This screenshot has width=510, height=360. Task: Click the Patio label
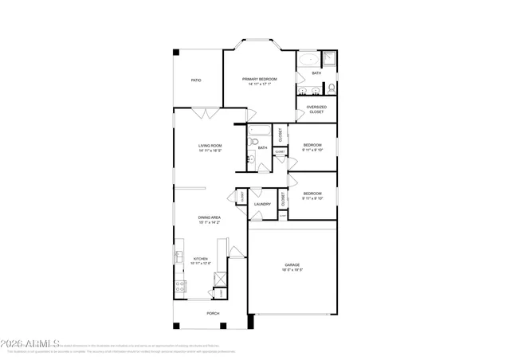click(195, 80)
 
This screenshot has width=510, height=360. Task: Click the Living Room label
click(210, 145)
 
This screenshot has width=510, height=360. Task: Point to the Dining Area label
click(210, 217)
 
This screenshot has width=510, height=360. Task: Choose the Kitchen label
click(200, 258)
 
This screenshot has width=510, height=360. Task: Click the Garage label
click(292, 265)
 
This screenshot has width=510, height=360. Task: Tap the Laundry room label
click(262, 205)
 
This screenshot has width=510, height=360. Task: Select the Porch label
click(213, 314)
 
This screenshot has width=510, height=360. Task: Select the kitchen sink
click(178, 256)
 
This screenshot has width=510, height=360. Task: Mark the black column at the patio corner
click(176, 53)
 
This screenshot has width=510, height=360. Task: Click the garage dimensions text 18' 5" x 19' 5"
click(292, 270)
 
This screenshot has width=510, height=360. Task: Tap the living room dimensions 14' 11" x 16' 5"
click(210, 150)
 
